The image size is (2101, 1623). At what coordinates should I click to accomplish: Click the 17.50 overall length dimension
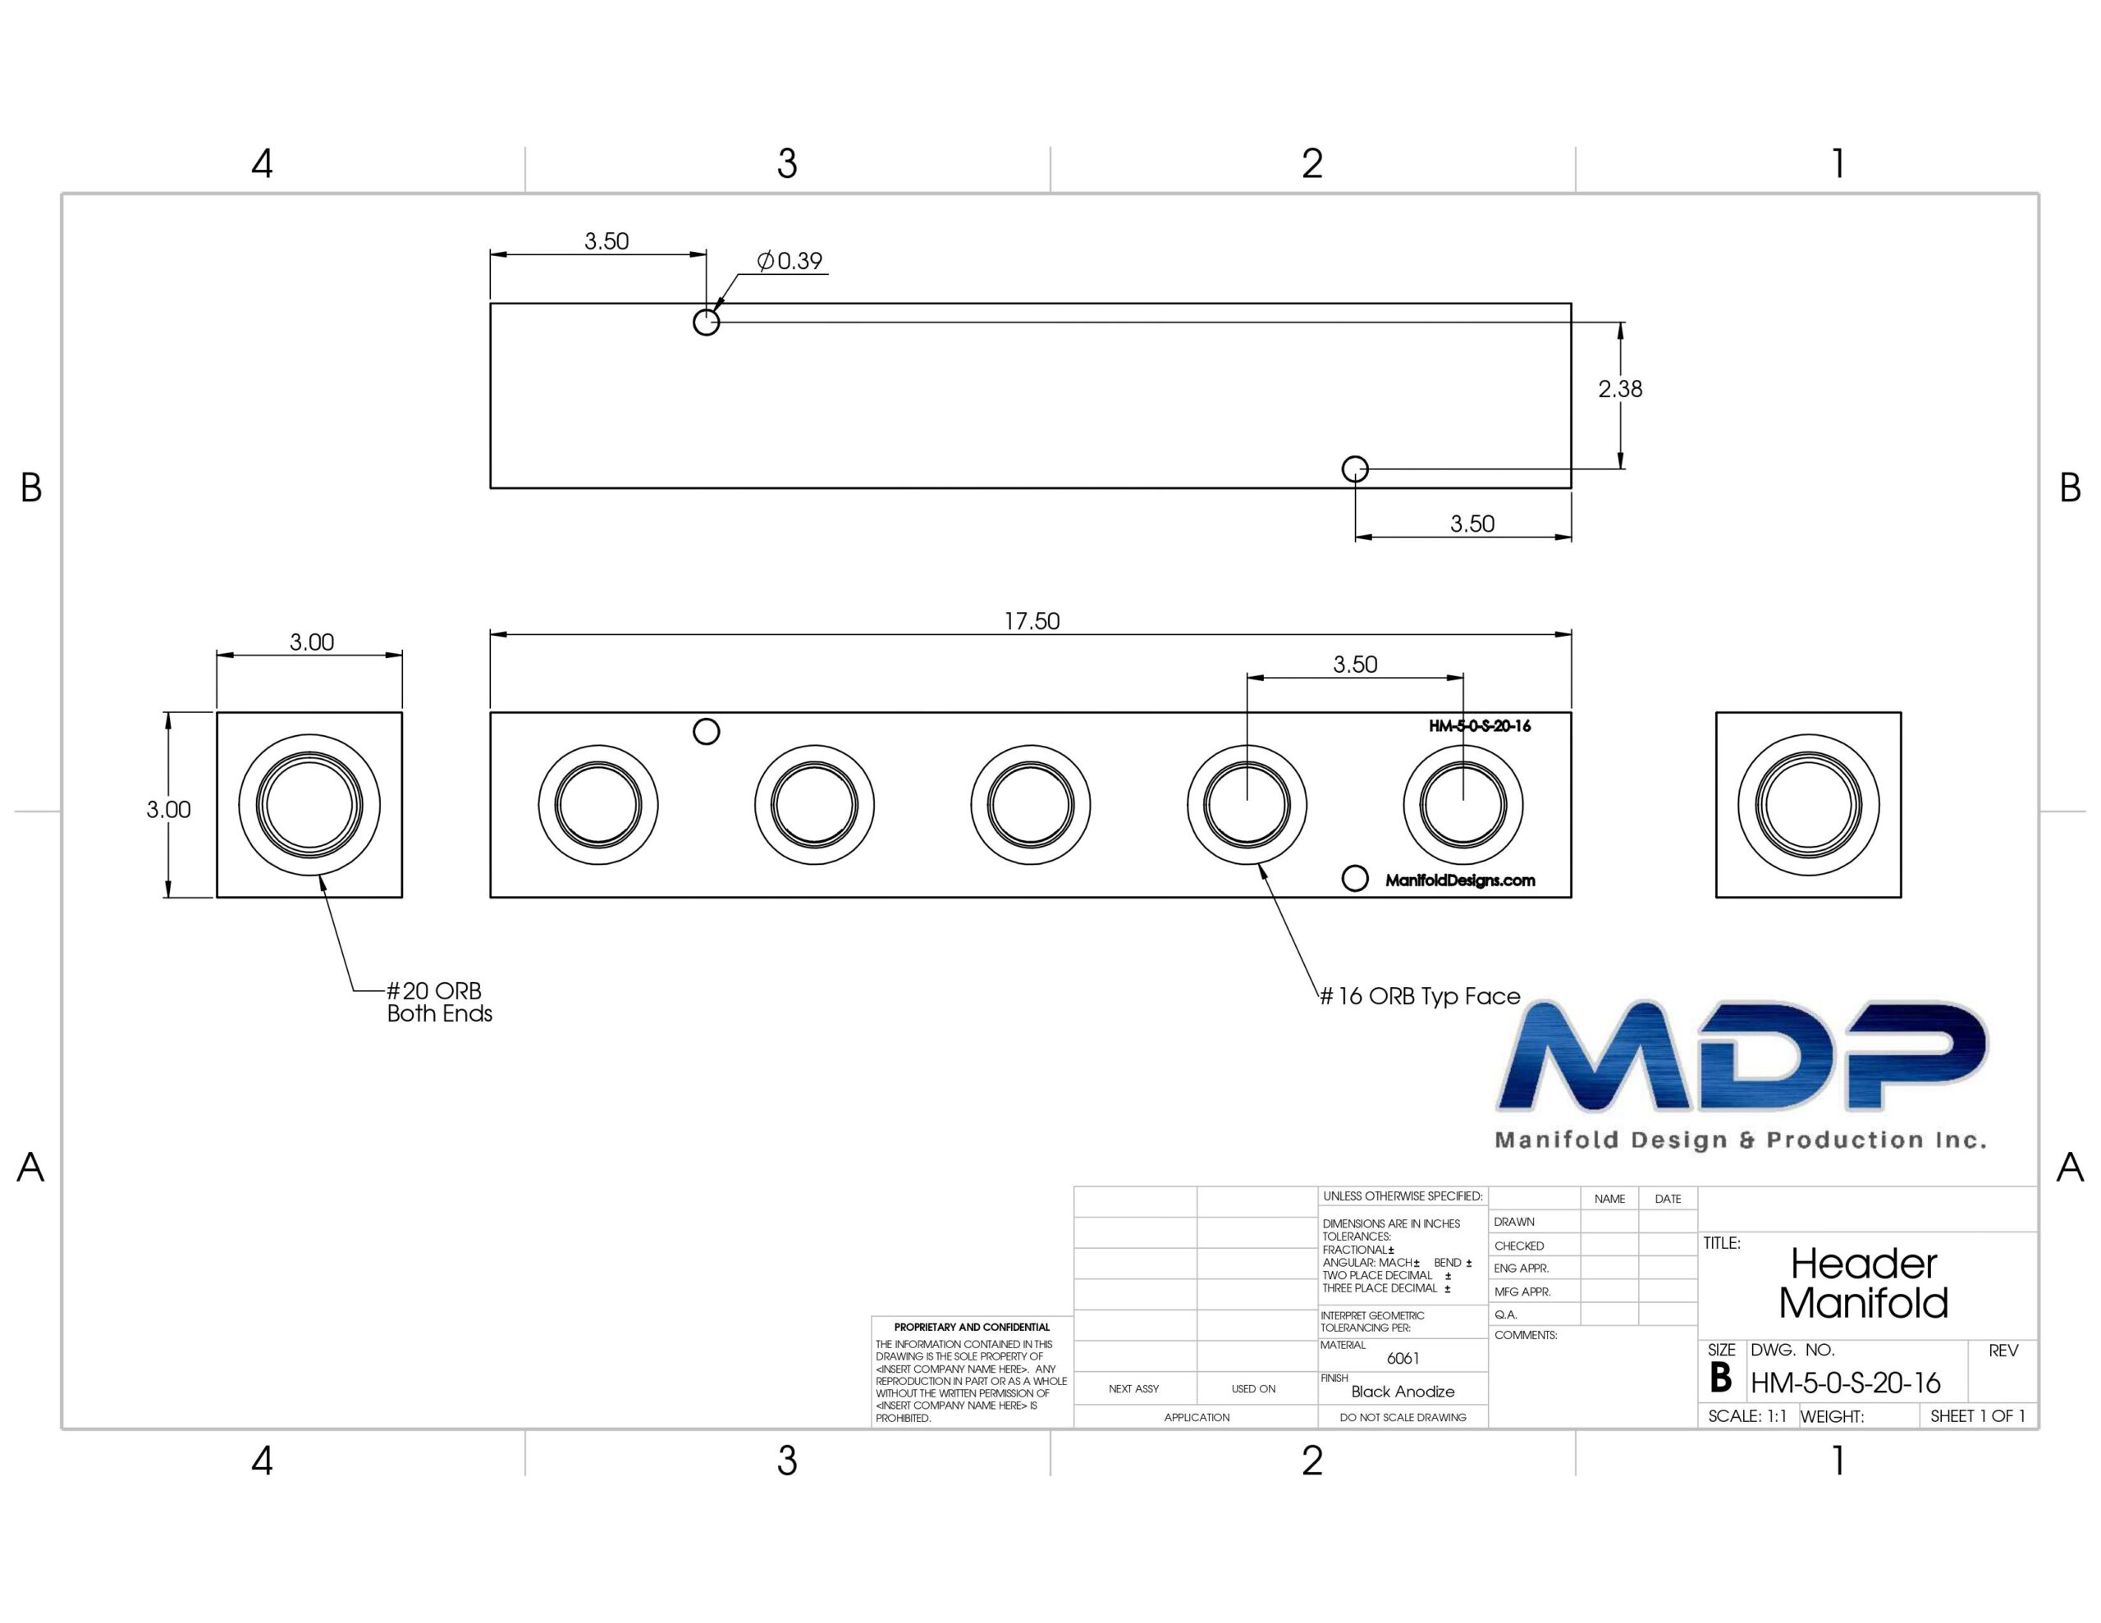click(1032, 621)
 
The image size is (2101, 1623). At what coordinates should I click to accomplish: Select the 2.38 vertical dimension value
click(1620, 389)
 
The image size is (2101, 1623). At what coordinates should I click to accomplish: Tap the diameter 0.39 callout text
click(790, 261)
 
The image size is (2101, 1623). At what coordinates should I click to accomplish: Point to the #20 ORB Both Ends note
click(440, 1002)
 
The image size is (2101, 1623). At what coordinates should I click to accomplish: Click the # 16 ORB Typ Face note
click(1420, 997)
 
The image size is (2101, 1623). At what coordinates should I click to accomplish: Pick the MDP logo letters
click(1742, 1056)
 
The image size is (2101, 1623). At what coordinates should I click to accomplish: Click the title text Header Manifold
click(1863, 1282)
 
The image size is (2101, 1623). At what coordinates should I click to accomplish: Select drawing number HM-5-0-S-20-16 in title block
click(1845, 1383)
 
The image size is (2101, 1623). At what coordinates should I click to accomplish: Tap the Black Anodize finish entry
click(1403, 1391)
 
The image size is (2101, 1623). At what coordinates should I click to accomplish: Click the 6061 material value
click(1403, 1359)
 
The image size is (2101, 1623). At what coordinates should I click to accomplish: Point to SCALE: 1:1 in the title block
click(1747, 1416)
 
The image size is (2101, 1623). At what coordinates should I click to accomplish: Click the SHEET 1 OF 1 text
click(1978, 1416)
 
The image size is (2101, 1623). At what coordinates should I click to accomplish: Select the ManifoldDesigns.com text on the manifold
click(1460, 880)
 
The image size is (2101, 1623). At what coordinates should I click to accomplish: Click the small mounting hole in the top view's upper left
click(706, 322)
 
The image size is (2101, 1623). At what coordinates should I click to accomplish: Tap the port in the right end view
click(1809, 805)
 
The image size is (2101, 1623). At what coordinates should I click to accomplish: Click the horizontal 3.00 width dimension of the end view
click(312, 642)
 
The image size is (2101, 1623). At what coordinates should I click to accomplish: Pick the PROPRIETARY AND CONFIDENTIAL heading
click(972, 1327)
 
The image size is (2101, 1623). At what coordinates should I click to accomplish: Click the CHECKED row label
click(1519, 1246)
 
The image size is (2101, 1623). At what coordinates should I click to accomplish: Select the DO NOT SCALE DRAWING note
click(1403, 1417)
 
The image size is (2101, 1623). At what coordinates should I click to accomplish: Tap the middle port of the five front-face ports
click(1030, 805)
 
